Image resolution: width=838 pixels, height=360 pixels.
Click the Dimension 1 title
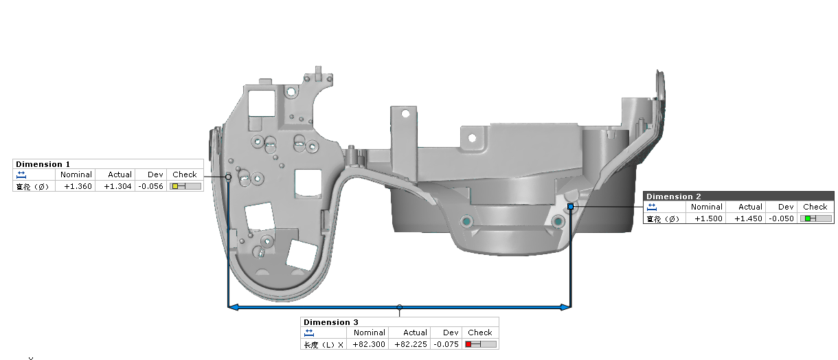[x=43, y=164]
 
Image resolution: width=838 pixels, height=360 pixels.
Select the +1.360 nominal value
[x=78, y=186]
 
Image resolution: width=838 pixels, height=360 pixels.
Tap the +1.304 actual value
[x=117, y=186]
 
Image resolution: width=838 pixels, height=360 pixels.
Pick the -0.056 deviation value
[x=150, y=186]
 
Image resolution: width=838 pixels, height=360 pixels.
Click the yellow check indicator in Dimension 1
[x=175, y=186]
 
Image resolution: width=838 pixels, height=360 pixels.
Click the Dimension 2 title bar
[x=738, y=196]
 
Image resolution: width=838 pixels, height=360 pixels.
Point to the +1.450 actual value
[x=748, y=218]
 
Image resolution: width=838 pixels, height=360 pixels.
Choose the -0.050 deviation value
[x=782, y=218]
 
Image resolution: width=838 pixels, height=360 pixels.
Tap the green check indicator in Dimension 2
[x=808, y=218]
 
